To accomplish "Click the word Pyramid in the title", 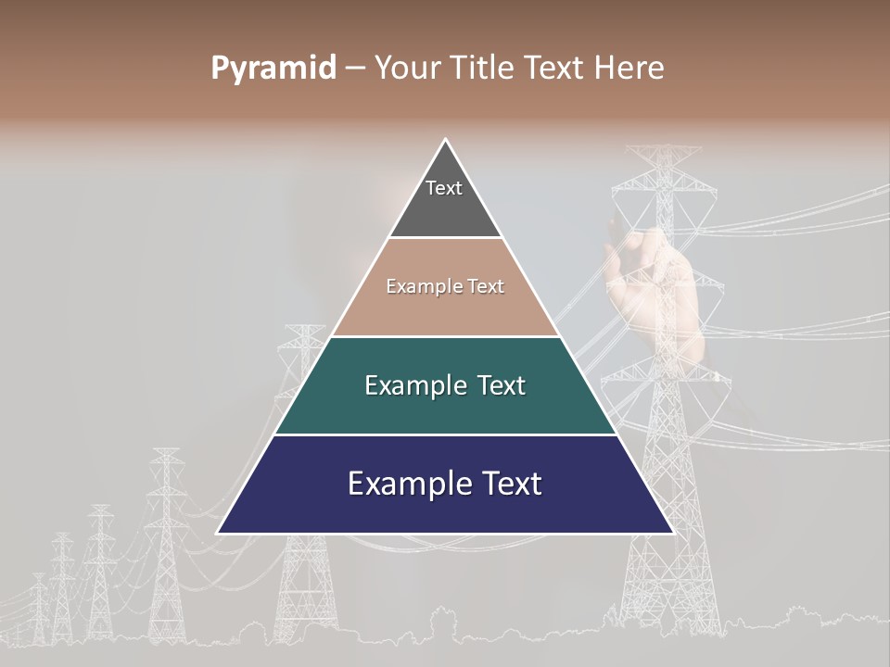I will tap(273, 69).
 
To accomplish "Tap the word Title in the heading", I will tap(489, 69).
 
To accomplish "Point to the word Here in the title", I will tap(629, 69).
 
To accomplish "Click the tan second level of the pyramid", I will tap(445, 310).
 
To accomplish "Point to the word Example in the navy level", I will tap(398, 484).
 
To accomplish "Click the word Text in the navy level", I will tap(511, 484).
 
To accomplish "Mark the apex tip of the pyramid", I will tap(445, 140).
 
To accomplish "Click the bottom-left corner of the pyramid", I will tap(218, 533).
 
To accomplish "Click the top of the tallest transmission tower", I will tap(664, 148).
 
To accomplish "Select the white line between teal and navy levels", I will tap(445, 434).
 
